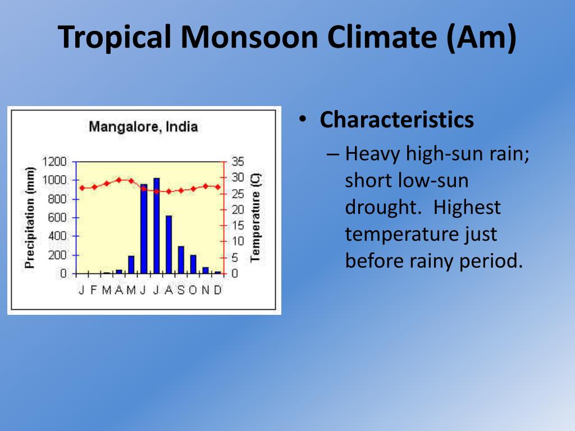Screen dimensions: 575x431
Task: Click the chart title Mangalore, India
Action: tap(143, 127)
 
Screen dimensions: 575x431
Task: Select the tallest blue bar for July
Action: tap(157, 226)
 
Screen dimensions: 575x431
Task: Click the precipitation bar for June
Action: tap(144, 229)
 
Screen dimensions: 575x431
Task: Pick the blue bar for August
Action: tap(168, 245)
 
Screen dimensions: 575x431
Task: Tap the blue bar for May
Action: tap(131, 265)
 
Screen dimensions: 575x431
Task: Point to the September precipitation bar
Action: tap(181, 260)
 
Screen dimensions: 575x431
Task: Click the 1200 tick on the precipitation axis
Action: tap(54, 162)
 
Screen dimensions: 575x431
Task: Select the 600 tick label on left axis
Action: tap(57, 217)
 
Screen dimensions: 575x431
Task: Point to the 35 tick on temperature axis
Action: tap(238, 161)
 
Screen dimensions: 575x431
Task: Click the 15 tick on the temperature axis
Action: tap(238, 226)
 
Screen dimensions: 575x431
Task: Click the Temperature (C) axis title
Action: tap(255, 218)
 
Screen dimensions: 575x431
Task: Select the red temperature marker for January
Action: tap(82, 188)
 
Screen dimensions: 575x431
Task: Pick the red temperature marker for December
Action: tap(218, 187)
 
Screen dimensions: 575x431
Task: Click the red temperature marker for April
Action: tap(119, 180)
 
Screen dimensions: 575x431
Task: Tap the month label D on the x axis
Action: tap(218, 290)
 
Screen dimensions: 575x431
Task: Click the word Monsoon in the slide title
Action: tap(249, 37)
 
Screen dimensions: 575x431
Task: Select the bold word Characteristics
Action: tap(397, 120)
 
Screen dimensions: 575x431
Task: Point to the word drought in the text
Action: tap(381, 207)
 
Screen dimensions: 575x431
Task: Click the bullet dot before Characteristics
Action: tap(303, 119)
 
